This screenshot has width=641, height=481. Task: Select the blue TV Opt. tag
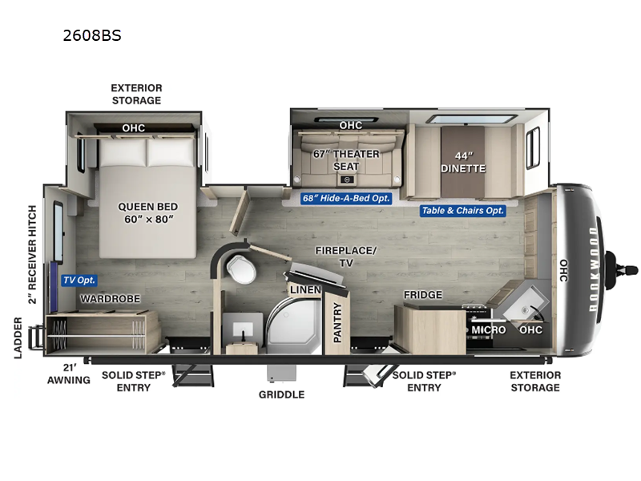[x=79, y=281]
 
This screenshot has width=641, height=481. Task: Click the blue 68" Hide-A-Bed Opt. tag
[x=346, y=199]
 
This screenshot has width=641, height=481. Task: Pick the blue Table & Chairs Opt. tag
[x=463, y=211]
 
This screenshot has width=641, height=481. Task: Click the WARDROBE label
[x=110, y=298]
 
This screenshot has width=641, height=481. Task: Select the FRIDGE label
[x=422, y=295]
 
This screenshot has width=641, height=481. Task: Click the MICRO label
[x=488, y=329]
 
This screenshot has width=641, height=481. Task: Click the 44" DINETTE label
[x=463, y=161]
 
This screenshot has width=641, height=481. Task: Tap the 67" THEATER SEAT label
[x=346, y=160]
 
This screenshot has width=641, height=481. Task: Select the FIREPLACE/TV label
[x=345, y=256]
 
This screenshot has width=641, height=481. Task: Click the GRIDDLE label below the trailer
[x=281, y=394]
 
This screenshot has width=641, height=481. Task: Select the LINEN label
[x=305, y=289]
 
